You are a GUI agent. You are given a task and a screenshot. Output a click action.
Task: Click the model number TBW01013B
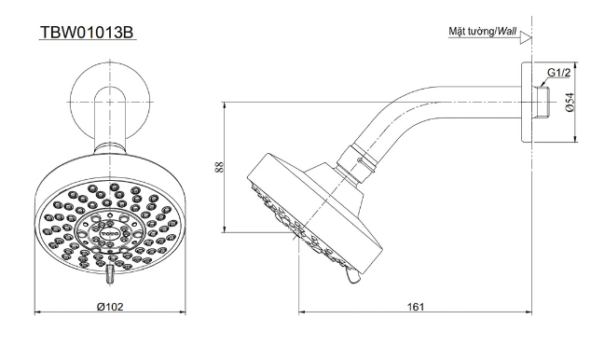point(87,33)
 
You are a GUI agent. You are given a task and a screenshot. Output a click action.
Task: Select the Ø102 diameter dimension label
point(110,307)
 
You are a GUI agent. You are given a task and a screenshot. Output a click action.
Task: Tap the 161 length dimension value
point(416,307)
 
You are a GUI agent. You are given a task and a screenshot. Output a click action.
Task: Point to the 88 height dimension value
point(219,167)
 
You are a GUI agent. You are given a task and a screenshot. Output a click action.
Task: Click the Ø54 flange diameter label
point(570,103)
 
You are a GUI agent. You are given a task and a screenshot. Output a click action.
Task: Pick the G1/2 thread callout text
point(559,73)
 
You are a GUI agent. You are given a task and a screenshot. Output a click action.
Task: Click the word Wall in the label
point(507,32)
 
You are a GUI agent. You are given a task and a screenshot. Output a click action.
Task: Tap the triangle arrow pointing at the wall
point(526,38)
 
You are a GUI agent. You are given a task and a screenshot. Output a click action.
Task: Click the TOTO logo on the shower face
point(110,234)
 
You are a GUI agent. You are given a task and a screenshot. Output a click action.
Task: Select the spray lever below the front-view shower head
point(110,274)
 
